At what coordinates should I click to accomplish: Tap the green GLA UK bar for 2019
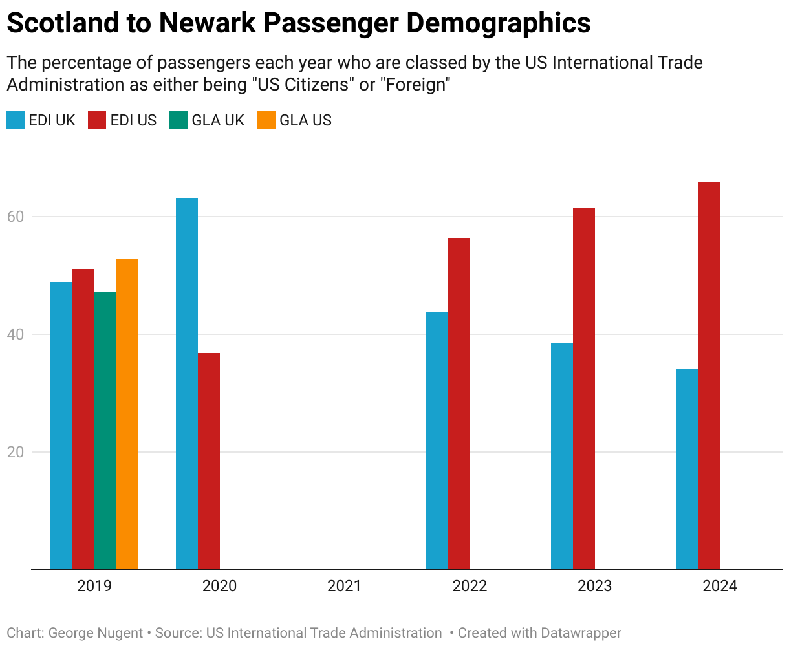(x=105, y=430)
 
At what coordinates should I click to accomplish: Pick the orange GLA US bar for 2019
(x=127, y=414)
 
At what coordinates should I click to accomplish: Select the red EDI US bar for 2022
(x=459, y=404)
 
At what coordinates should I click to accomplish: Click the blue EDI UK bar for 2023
(x=562, y=456)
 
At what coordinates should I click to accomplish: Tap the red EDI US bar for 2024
(x=709, y=376)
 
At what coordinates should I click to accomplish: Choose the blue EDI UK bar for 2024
(x=687, y=469)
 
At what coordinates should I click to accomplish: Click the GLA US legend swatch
(x=266, y=120)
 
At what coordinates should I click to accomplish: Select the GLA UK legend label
(x=218, y=120)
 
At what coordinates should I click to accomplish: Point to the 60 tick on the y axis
(x=16, y=217)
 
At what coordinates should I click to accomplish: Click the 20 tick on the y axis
(x=16, y=452)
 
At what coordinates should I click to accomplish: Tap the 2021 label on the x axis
(x=344, y=587)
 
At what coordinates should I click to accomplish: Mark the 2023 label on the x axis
(x=594, y=587)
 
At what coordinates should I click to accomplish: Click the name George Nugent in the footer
(x=96, y=633)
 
